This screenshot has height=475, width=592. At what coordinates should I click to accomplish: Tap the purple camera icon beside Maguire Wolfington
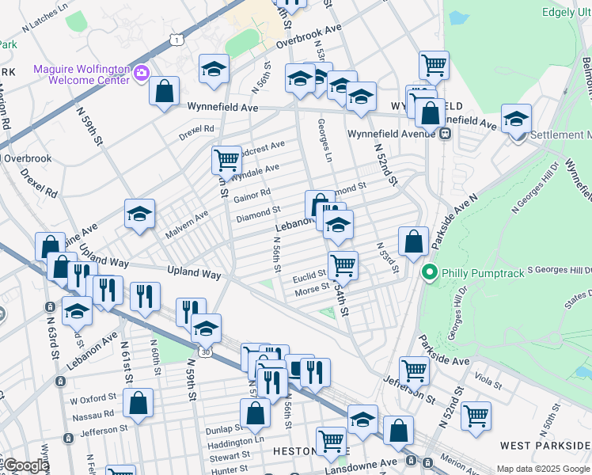click(142, 74)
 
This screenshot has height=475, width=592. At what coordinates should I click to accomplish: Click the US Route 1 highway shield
click(175, 39)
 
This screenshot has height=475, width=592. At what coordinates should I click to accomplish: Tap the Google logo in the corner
click(26, 465)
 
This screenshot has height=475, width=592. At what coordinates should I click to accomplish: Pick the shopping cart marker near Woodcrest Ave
click(226, 159)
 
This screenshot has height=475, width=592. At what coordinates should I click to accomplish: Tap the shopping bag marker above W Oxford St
click(139, 402)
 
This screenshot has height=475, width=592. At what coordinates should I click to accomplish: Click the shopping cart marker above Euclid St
click(343, 264)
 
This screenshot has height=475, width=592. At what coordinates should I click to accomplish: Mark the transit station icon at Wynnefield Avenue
click(446, 134)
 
